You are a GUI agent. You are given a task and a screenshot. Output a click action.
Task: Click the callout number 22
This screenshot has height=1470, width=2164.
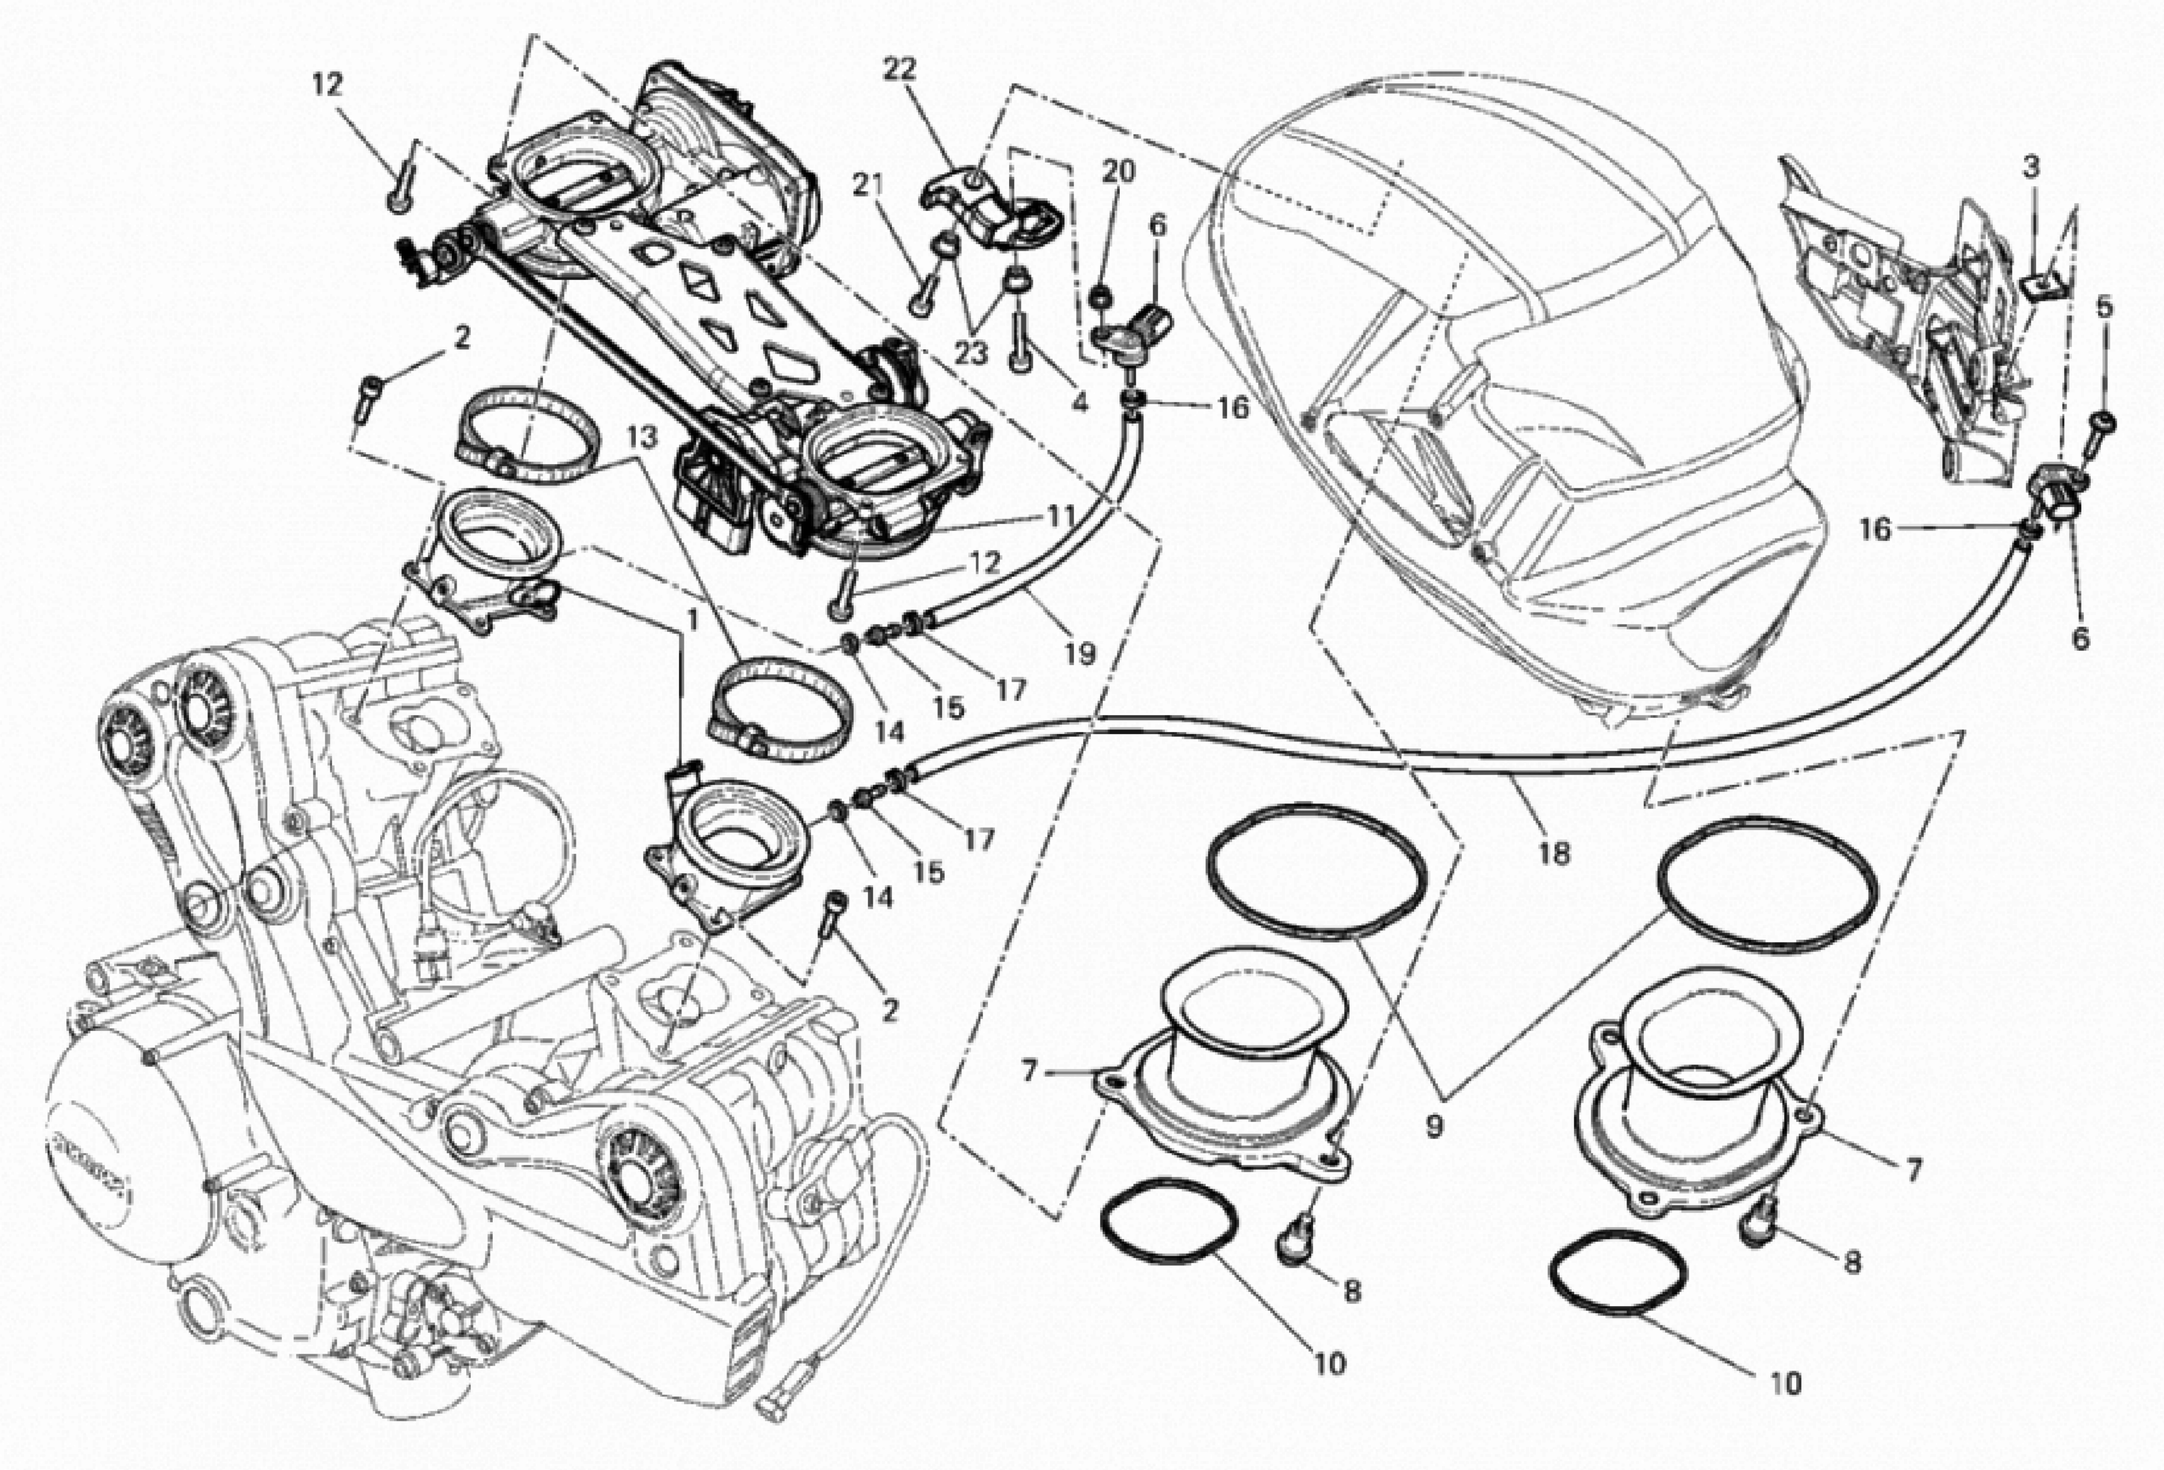(899, 69)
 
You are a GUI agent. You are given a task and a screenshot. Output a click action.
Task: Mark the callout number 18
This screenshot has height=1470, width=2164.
(1554, 853)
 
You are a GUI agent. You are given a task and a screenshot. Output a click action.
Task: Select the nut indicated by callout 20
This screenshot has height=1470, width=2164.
(1099, 298)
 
